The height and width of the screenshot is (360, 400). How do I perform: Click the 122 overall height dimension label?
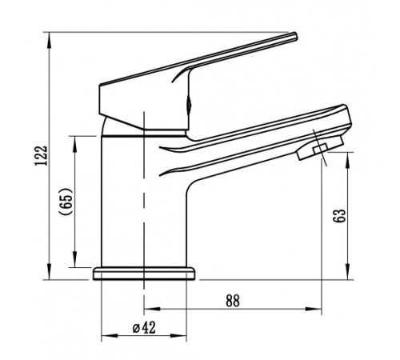41,155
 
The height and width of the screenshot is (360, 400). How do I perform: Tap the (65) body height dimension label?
66,201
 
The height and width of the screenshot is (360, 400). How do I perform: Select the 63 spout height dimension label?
339,215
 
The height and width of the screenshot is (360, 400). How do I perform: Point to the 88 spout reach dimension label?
233,301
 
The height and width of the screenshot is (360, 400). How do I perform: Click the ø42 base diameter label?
144,327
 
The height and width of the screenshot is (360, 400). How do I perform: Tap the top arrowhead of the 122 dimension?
50,41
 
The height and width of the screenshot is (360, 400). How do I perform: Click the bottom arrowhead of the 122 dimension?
50,271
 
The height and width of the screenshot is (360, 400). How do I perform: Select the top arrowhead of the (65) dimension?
74,144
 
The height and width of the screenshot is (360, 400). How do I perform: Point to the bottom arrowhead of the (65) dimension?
74,259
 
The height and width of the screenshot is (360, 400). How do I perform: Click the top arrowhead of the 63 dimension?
348,161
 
